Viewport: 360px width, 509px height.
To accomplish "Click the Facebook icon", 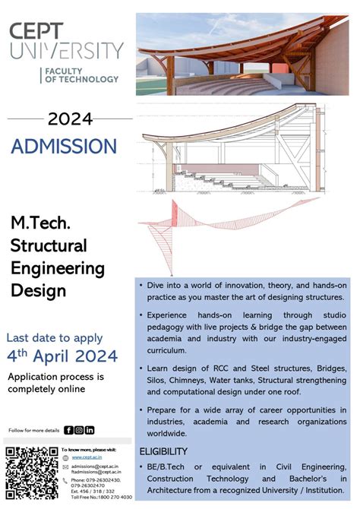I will click(x=68, y=430).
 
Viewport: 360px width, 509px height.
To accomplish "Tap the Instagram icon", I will click(x=79, y=430).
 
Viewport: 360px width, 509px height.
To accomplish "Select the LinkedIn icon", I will click(x=90, y=430).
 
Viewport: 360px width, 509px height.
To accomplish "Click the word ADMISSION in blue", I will click(x=64, y=146).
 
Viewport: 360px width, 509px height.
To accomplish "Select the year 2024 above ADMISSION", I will click(x=70, y=119).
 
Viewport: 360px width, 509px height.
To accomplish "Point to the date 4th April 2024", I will click(x=62, y=356).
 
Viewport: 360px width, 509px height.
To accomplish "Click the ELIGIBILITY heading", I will click(x=163, y=451).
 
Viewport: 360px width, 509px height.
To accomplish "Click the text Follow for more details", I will click(x=34, y=430).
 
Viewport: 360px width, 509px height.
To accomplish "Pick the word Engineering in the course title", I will click(x=58, y=268).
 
